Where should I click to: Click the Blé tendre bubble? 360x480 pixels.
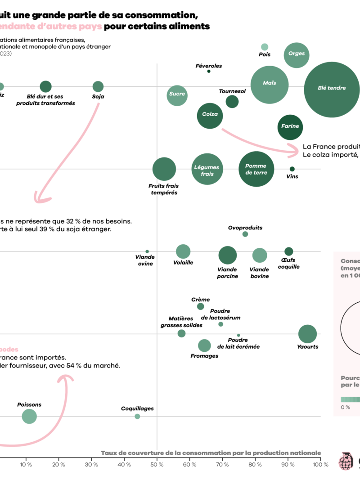click(x=332, y=89)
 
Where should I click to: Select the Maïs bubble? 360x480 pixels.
click(x=269, y=84)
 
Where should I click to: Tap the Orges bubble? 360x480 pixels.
click(x=296, y=54)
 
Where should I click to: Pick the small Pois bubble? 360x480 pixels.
click(x=265, y=47)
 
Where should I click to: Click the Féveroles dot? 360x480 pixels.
click(x=209, y=71)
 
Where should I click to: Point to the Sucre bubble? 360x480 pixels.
click(x=177, y=94)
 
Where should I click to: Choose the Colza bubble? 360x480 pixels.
click(x=210, y=115)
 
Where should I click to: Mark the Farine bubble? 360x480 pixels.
click(x=290, y=127)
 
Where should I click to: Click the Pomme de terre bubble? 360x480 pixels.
click(x=256, y=169)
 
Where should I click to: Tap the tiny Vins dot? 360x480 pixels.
click(x=292, y=169)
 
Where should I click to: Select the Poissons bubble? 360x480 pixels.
click(x=29, y=416)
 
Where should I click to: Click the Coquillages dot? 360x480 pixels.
click(x=137, y=416)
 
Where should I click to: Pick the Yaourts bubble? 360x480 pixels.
click(x=308, y=334)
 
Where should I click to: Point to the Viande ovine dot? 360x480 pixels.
click(x=147, y=251)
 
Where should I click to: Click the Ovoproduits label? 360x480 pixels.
click(x=245, y=228)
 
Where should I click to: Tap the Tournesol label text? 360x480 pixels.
click(x=232, y=91)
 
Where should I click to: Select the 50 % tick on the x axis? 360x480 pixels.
click(x=157, y=464)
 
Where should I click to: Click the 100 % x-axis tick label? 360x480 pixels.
click(x=320, y=464)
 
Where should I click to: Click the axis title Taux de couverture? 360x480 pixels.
click(x=211, y=453)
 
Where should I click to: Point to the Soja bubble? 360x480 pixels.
click(x=98, y=87)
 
